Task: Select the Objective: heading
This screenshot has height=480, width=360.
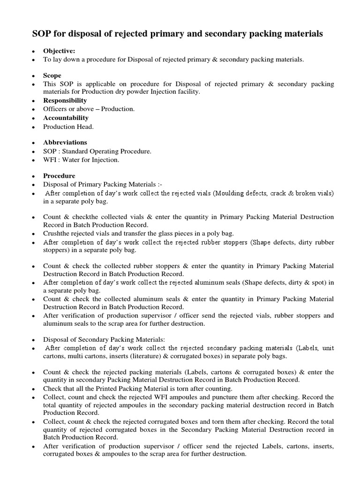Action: (x=59, y=51)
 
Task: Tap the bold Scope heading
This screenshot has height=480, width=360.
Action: (x=52, y=75)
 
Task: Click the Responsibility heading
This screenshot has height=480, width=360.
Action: (x=65, y=100)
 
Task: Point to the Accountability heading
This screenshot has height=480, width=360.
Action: (x=66, y=118)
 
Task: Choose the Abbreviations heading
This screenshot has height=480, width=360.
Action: (x=65, y=142)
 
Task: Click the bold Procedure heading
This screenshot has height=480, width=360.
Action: (x=59, y=176)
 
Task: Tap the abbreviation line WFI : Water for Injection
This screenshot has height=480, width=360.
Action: (x=81, y=160)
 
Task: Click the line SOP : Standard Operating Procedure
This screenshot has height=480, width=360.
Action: (x=97, y=151)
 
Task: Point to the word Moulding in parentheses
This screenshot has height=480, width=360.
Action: (x=229, y=193)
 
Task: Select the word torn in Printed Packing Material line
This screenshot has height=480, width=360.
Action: (x=165, y=389)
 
